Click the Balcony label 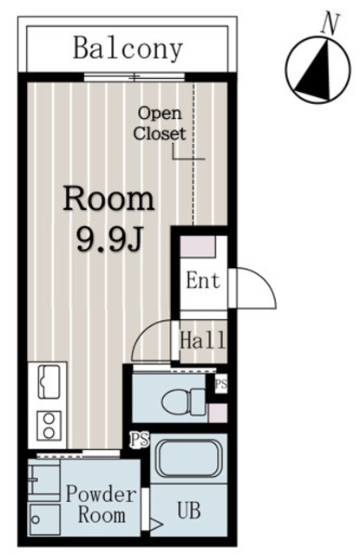128,49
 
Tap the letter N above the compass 331,24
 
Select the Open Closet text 160,123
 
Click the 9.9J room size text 109,239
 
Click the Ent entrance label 203,280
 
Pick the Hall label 202,340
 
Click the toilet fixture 183,402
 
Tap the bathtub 188,459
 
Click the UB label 189,511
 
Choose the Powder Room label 101,504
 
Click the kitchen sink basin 49,382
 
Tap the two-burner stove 49,426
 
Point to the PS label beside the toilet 221,383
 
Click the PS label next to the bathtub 140,441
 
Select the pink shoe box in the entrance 198,246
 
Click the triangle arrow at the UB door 156,524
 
